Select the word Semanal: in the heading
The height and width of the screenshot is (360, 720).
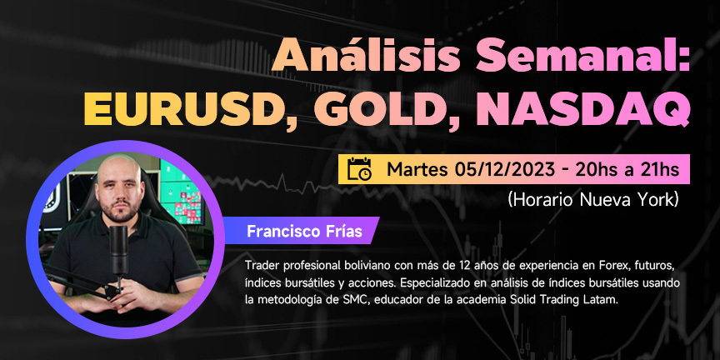click(x=583, y=56)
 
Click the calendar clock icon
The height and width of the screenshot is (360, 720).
click(x=359, y=169)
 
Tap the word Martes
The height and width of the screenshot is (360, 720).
click(x=417, y=169)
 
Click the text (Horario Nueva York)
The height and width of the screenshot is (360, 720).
click(x=592, y=200)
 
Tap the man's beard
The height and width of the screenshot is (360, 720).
click(x=120, y=209)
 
